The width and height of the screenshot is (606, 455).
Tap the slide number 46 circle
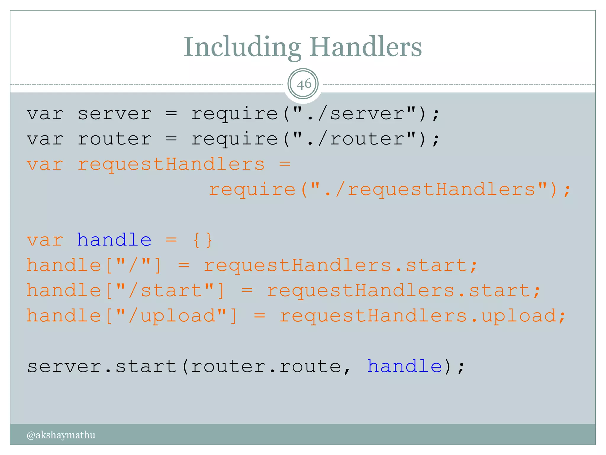pyautogui.click(x=303, y=84)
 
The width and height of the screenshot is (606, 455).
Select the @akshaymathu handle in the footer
pyautogui.click(x=61, y=435)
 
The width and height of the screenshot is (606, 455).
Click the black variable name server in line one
pyautogui.click(x=115, y=114)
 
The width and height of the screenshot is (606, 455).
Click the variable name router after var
pyautogui.click(x=115, y=139)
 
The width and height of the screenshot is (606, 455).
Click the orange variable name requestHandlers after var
pyautogui.click(x=171, y=164)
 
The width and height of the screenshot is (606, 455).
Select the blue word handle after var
pyautogui.click(x=114, y=240)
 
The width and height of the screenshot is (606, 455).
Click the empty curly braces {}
pyautogui.click(x=202, y=240)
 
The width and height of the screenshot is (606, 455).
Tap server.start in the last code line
pyautogui.click(x=102, y=366)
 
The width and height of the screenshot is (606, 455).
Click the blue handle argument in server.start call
pyautogui.click(x=404, y=366)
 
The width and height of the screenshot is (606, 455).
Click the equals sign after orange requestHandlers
pyautogui.click(x=285, y=164)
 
